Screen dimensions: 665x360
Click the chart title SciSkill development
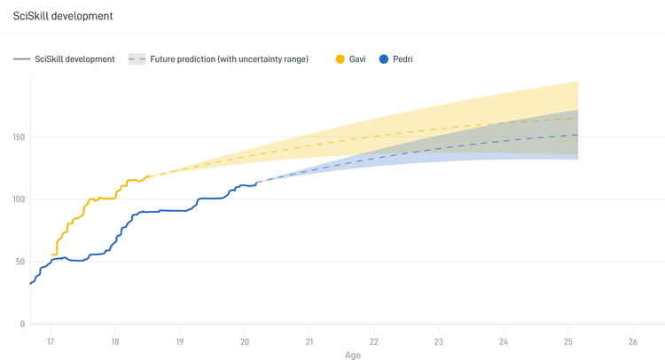click(63, 16)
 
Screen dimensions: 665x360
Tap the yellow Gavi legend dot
click(340, 59)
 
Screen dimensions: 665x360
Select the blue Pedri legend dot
click(384, 59)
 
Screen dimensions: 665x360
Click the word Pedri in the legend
click(403, 59)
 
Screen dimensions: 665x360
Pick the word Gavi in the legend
click(357, 59)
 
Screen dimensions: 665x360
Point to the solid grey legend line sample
click(21, 59)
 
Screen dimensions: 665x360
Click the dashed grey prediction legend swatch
click(137, 59)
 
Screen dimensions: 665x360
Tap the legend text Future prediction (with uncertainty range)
click(229, 59)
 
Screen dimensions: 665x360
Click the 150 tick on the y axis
click(19, 137)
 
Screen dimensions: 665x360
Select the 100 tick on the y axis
click(19, 200)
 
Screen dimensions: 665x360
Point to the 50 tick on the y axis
click(20, 262)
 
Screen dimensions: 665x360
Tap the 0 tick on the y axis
click(22, 324)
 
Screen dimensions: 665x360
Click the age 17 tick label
click(51, 341)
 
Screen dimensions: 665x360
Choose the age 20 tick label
click(245, 341)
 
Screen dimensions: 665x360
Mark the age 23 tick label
click(439, 341)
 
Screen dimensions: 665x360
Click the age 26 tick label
click(633, 341)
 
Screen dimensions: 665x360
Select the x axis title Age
click(352, 356)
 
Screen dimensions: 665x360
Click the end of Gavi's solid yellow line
click(149, 176)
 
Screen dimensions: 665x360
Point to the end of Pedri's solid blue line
click(256, 183)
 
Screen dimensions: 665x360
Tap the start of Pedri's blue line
click(30, 284)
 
